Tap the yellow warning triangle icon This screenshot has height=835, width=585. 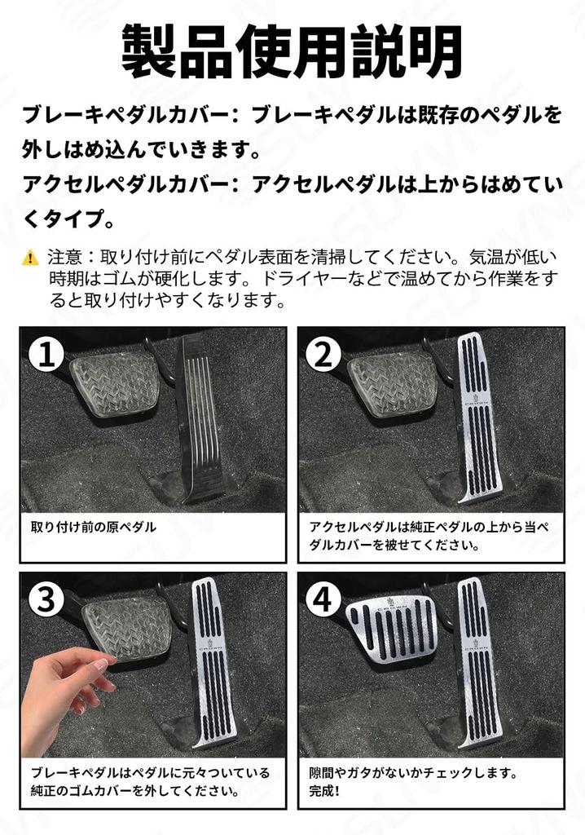[31, 258]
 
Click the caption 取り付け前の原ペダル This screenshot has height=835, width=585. [93, 527]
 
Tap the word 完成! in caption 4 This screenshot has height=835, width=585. [324, 791]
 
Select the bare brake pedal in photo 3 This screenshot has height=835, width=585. [126, 628]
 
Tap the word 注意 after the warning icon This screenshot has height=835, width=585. [62, 258]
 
